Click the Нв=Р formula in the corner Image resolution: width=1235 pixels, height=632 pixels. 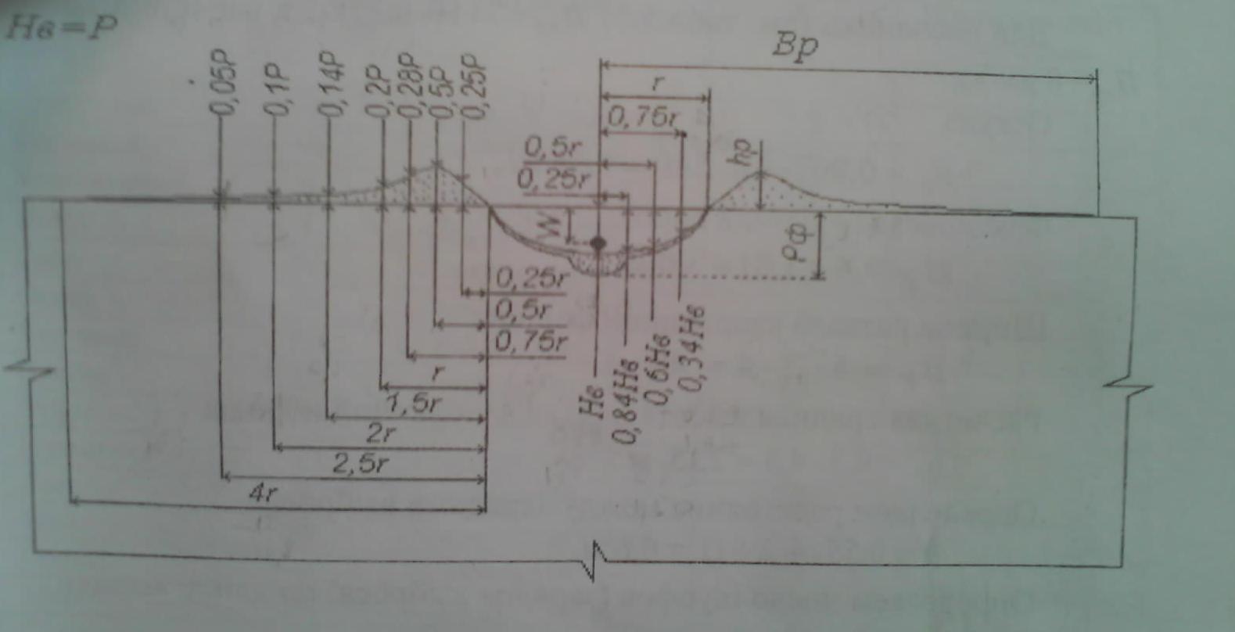61,28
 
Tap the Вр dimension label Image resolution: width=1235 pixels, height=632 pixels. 795,45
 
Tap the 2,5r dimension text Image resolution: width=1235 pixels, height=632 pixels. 360,464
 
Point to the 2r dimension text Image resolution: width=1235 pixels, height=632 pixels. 382,434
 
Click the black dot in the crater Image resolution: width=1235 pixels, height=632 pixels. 598,243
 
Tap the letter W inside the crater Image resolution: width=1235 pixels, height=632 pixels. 551,225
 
